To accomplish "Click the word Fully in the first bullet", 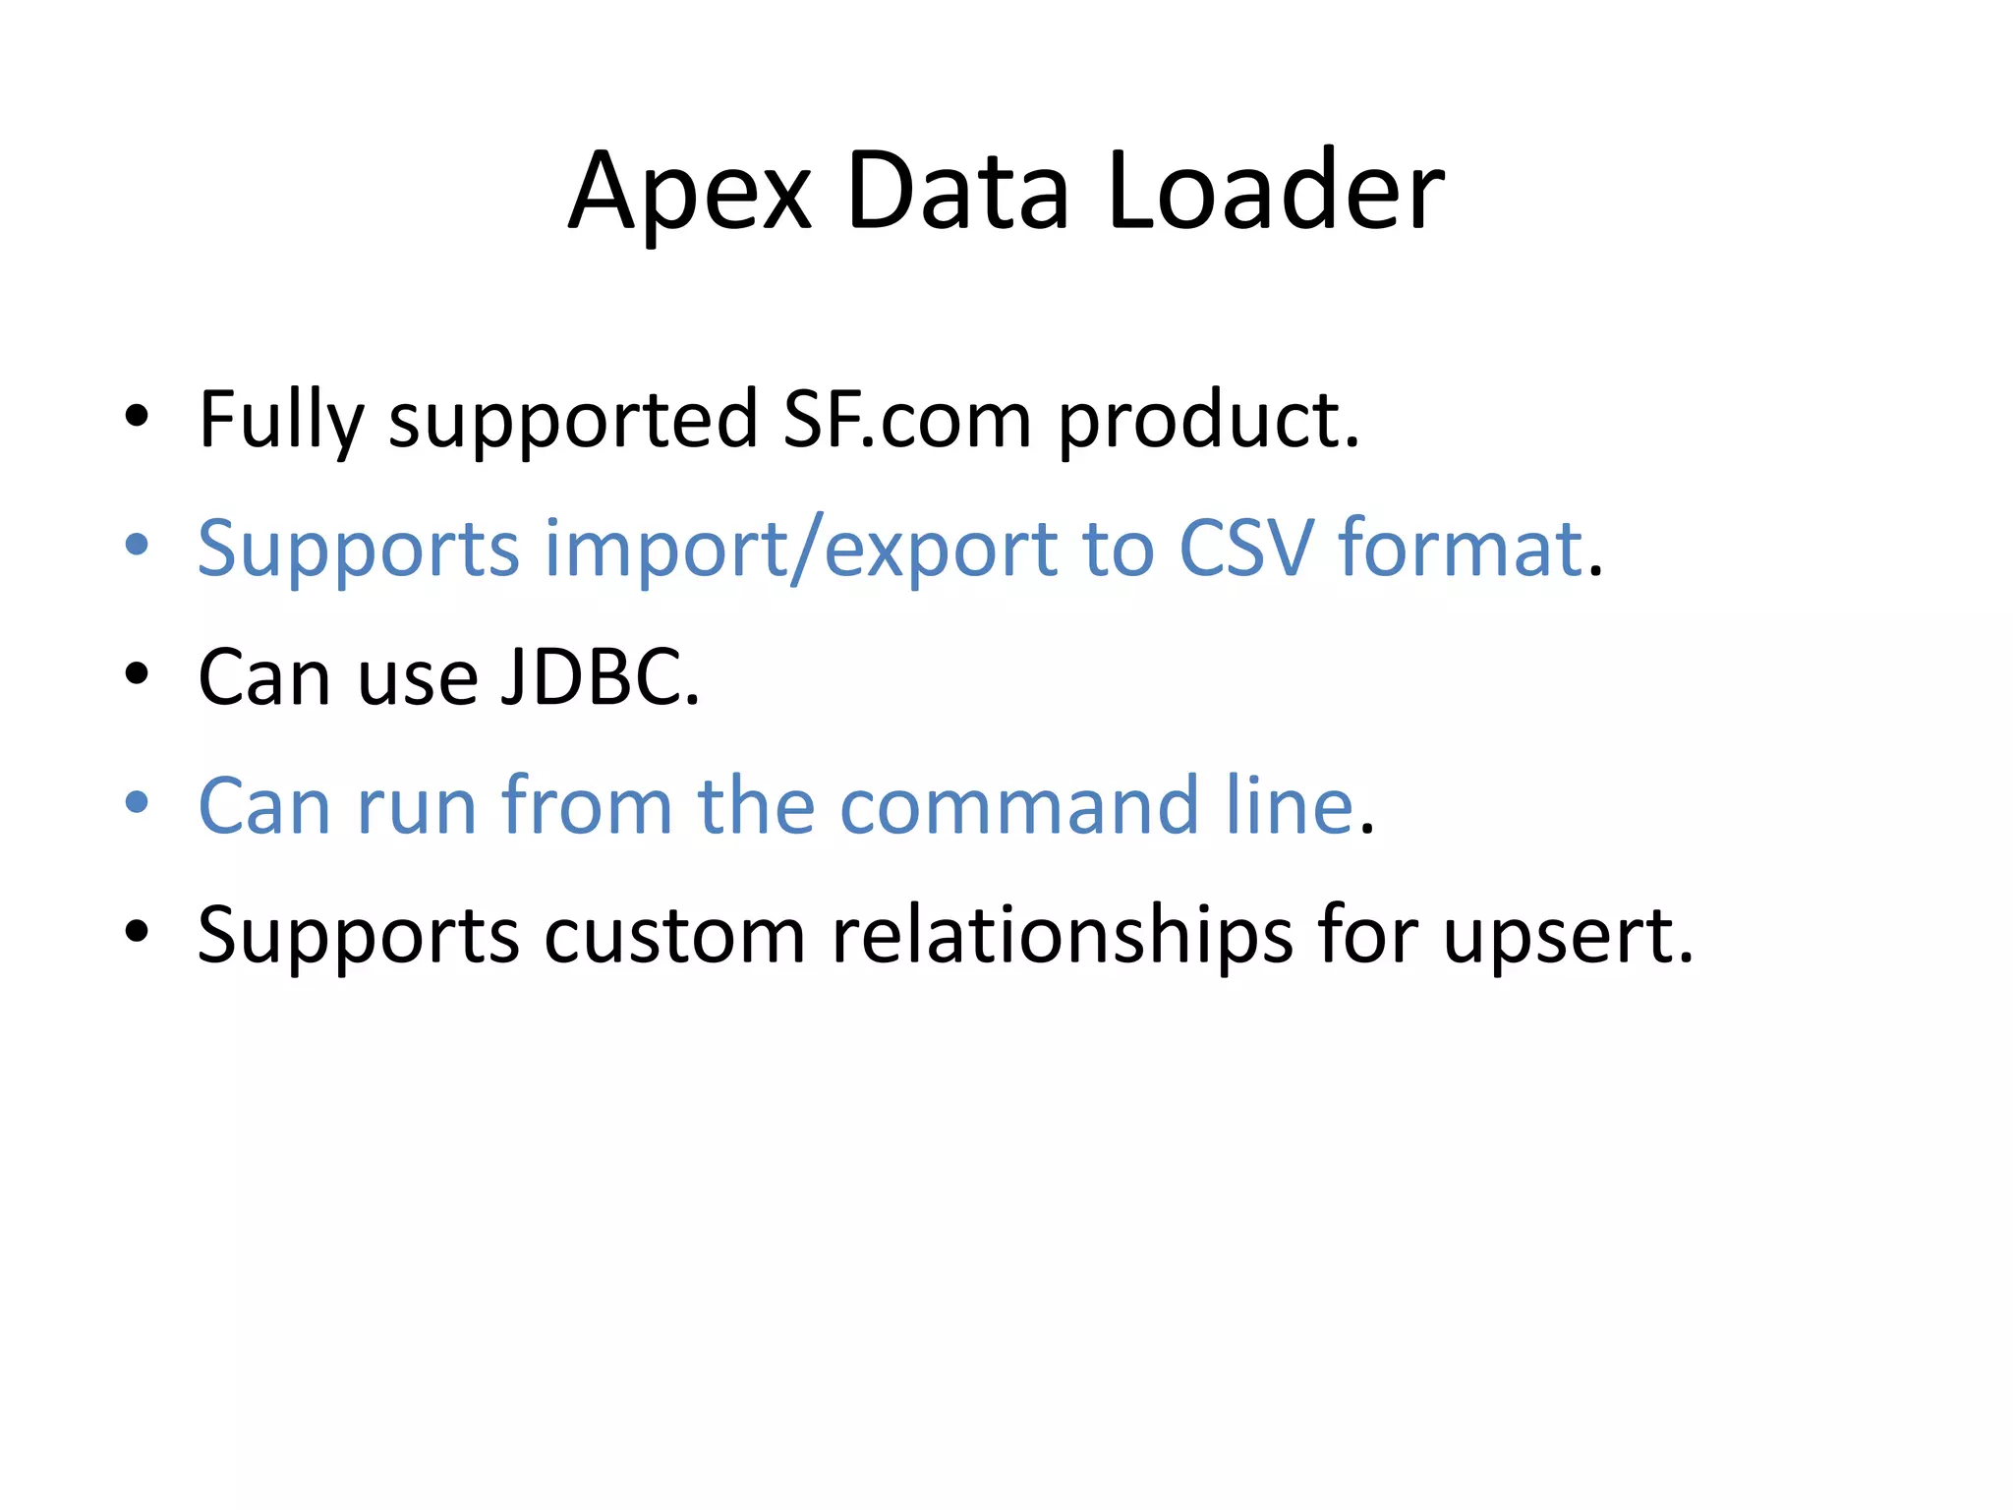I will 281,421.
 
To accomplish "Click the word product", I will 1208,421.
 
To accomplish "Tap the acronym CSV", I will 1245,549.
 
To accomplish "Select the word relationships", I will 1062,935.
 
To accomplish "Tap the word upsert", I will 1567,935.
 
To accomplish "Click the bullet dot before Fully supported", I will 137,417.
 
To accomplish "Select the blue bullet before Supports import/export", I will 137,545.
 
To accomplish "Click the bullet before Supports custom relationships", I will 137,931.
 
